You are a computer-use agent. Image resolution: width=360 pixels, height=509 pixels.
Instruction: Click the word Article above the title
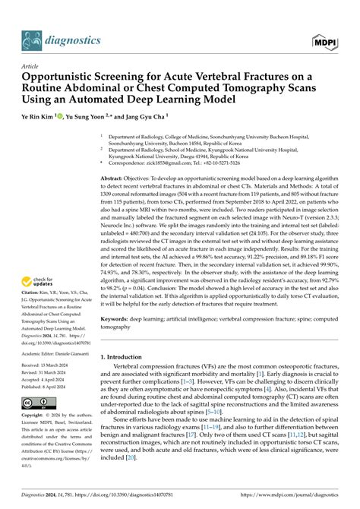click(30, 67)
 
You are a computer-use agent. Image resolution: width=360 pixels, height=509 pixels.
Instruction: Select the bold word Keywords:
click(120, 320)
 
